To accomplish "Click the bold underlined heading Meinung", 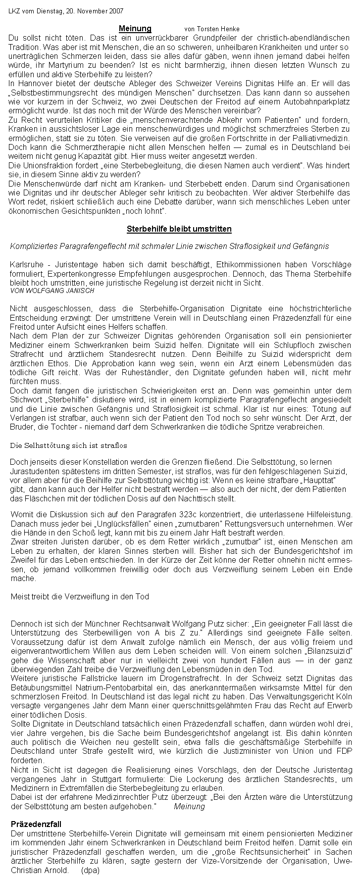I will (135, 29).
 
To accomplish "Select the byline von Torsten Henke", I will (211, 30).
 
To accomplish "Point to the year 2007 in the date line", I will (115, 11).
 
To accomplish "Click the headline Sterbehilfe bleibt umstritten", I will (179, 229).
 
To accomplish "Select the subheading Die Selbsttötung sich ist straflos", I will (69, 445).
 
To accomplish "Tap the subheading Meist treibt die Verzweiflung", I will (80, 596).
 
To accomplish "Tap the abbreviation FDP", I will (342, 751).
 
